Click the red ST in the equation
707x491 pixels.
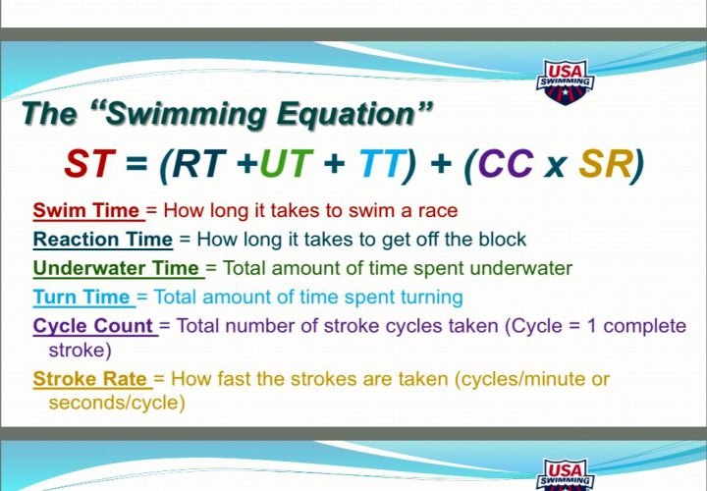click(x=88, y=165)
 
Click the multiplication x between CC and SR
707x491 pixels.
click(x=555, y=167)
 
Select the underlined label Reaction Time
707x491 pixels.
click(x=103, y=239)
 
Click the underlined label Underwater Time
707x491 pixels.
click(x=117, y=267)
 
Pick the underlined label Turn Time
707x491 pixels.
click(x=82, y=296)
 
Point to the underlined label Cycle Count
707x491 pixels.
click(x=94, y=325)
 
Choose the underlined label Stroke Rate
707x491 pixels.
click(x=90, y=378)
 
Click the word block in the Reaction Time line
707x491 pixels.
click(x=505, y=239)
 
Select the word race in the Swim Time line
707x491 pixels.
click(x=440, y=210)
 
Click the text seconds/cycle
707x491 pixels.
click(x=117, y=402)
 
